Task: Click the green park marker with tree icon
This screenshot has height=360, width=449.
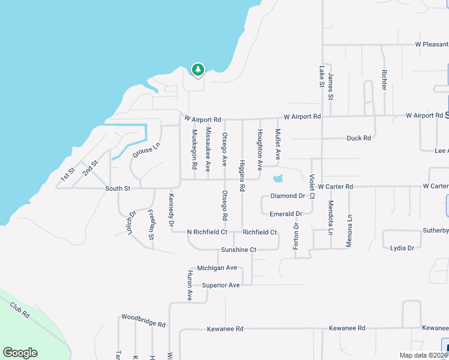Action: point(197,70)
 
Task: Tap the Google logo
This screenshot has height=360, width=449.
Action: point(20,353)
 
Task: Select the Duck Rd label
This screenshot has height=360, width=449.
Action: point(358,138)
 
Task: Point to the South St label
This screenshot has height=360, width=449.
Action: point(118,188)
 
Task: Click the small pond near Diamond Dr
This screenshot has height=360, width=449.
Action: point(278,178)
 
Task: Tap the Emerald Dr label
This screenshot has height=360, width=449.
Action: point(285,214)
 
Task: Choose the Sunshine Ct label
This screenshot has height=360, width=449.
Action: point(238,250)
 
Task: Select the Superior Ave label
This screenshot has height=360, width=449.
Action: point(220,285)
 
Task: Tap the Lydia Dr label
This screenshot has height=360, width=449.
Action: point(402,248)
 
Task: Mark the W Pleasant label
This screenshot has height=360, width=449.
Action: point(432,44)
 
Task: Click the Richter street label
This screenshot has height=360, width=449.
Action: point(384,80)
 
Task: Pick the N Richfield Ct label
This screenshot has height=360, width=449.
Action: point(207,232)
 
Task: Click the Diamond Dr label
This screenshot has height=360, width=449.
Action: point(288,196)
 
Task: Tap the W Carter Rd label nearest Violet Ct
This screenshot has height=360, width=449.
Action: point(336,187)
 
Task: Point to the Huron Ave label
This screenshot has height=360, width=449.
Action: point(189,285)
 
